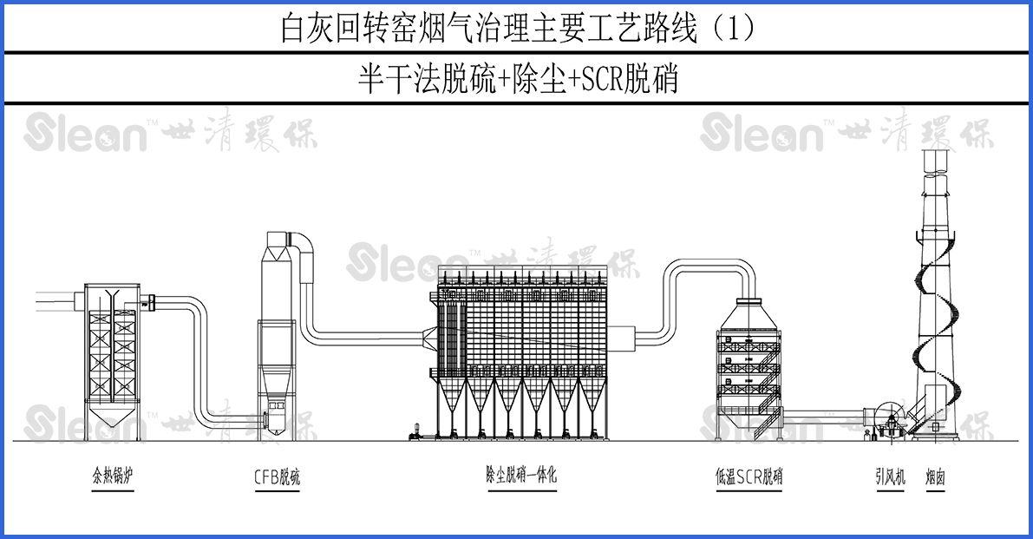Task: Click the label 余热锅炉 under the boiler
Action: [x=113, y=477]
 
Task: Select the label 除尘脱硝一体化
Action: [x=520, y=476]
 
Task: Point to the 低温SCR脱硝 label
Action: [x=749, y=477]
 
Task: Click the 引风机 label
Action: [x=890, y=477]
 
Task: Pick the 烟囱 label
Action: [x=934, y=477]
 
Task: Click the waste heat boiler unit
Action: [x=112, y=356]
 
